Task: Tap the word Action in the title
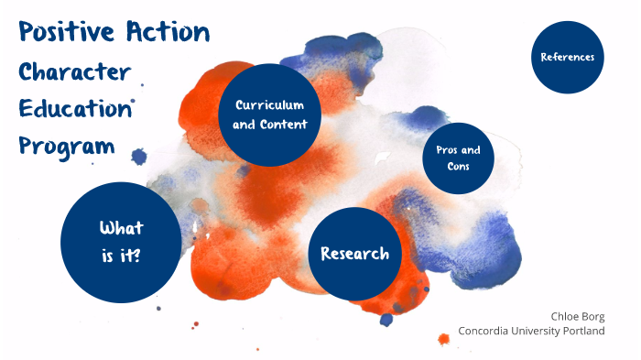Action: point(167,34)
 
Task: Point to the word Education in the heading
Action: point(75,109)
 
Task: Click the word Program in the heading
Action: point(67,146)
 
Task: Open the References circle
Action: point(568,57)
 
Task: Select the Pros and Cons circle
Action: point(458,158)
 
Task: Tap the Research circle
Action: point(354,254)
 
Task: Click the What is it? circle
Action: point(121,242)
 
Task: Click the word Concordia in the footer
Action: point(488,331)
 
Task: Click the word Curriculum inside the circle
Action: point(269,105)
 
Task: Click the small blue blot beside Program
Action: point(139,157)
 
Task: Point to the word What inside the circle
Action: point(122,228)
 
